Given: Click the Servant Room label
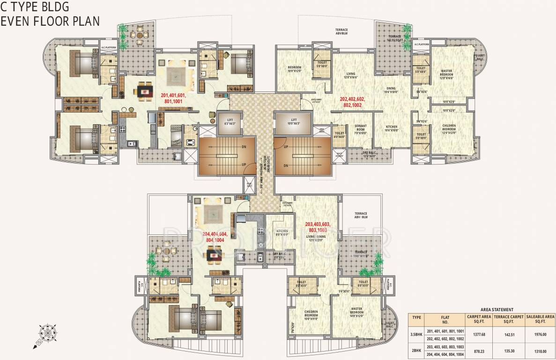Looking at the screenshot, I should click(361, 129).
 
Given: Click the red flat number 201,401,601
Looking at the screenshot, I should click(173, 98).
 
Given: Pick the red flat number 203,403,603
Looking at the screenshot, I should click(318, 227).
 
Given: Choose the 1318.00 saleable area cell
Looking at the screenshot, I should click(540, 350).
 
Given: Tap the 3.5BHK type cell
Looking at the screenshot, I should click(416, 334).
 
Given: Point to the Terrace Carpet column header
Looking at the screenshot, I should click(507, 319).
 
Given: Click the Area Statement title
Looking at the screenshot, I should click(497, 309).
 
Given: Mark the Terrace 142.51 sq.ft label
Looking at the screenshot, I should click(394, 38).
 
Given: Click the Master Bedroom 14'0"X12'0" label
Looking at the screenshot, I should click(357, 311).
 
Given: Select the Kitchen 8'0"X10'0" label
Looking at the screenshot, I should click(282, 233).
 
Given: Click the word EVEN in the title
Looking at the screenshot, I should click(15, 21).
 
